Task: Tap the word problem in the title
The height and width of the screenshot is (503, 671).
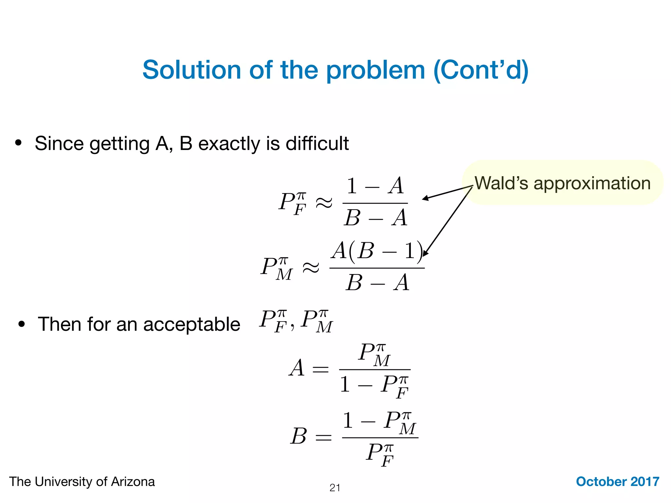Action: coord(375,70)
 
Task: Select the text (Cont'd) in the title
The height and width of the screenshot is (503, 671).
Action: coord(481,70)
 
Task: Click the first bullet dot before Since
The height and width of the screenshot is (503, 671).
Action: coord(18,143)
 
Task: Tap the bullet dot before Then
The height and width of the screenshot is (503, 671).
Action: coord(22,324)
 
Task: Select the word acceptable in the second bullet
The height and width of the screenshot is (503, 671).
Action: coord(191,325)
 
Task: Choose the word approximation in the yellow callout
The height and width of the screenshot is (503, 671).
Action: coord(592,183)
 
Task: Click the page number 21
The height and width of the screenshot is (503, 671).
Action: coord(335,488)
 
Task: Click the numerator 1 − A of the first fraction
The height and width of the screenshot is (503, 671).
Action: coord(375,186)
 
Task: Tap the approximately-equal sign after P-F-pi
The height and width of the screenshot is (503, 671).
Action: coord(324,203)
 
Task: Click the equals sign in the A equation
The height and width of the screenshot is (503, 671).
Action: coord(320,370)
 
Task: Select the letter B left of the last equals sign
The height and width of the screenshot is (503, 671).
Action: coord(298,437)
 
